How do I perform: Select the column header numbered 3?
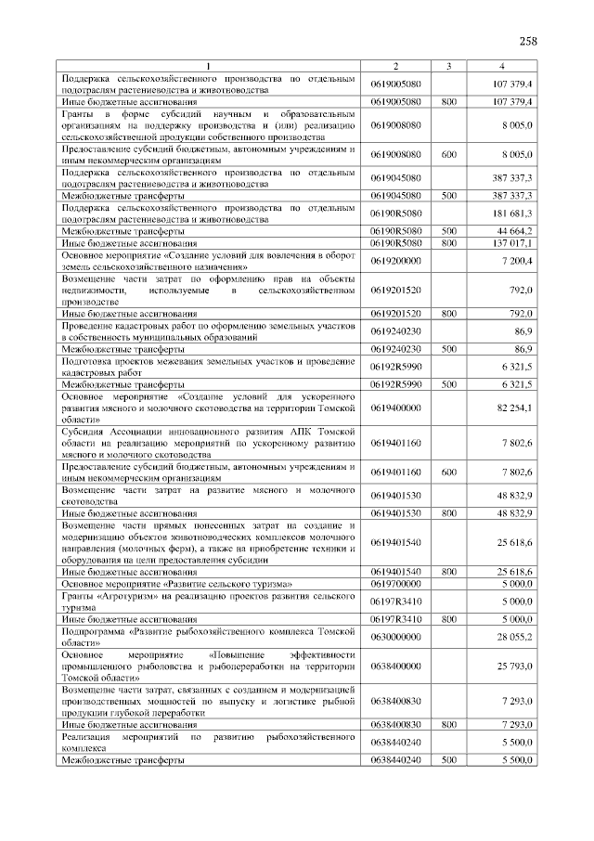tap(448, 66)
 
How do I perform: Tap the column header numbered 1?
tap(208, 66)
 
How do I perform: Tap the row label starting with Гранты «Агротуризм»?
tap(208, 602)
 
